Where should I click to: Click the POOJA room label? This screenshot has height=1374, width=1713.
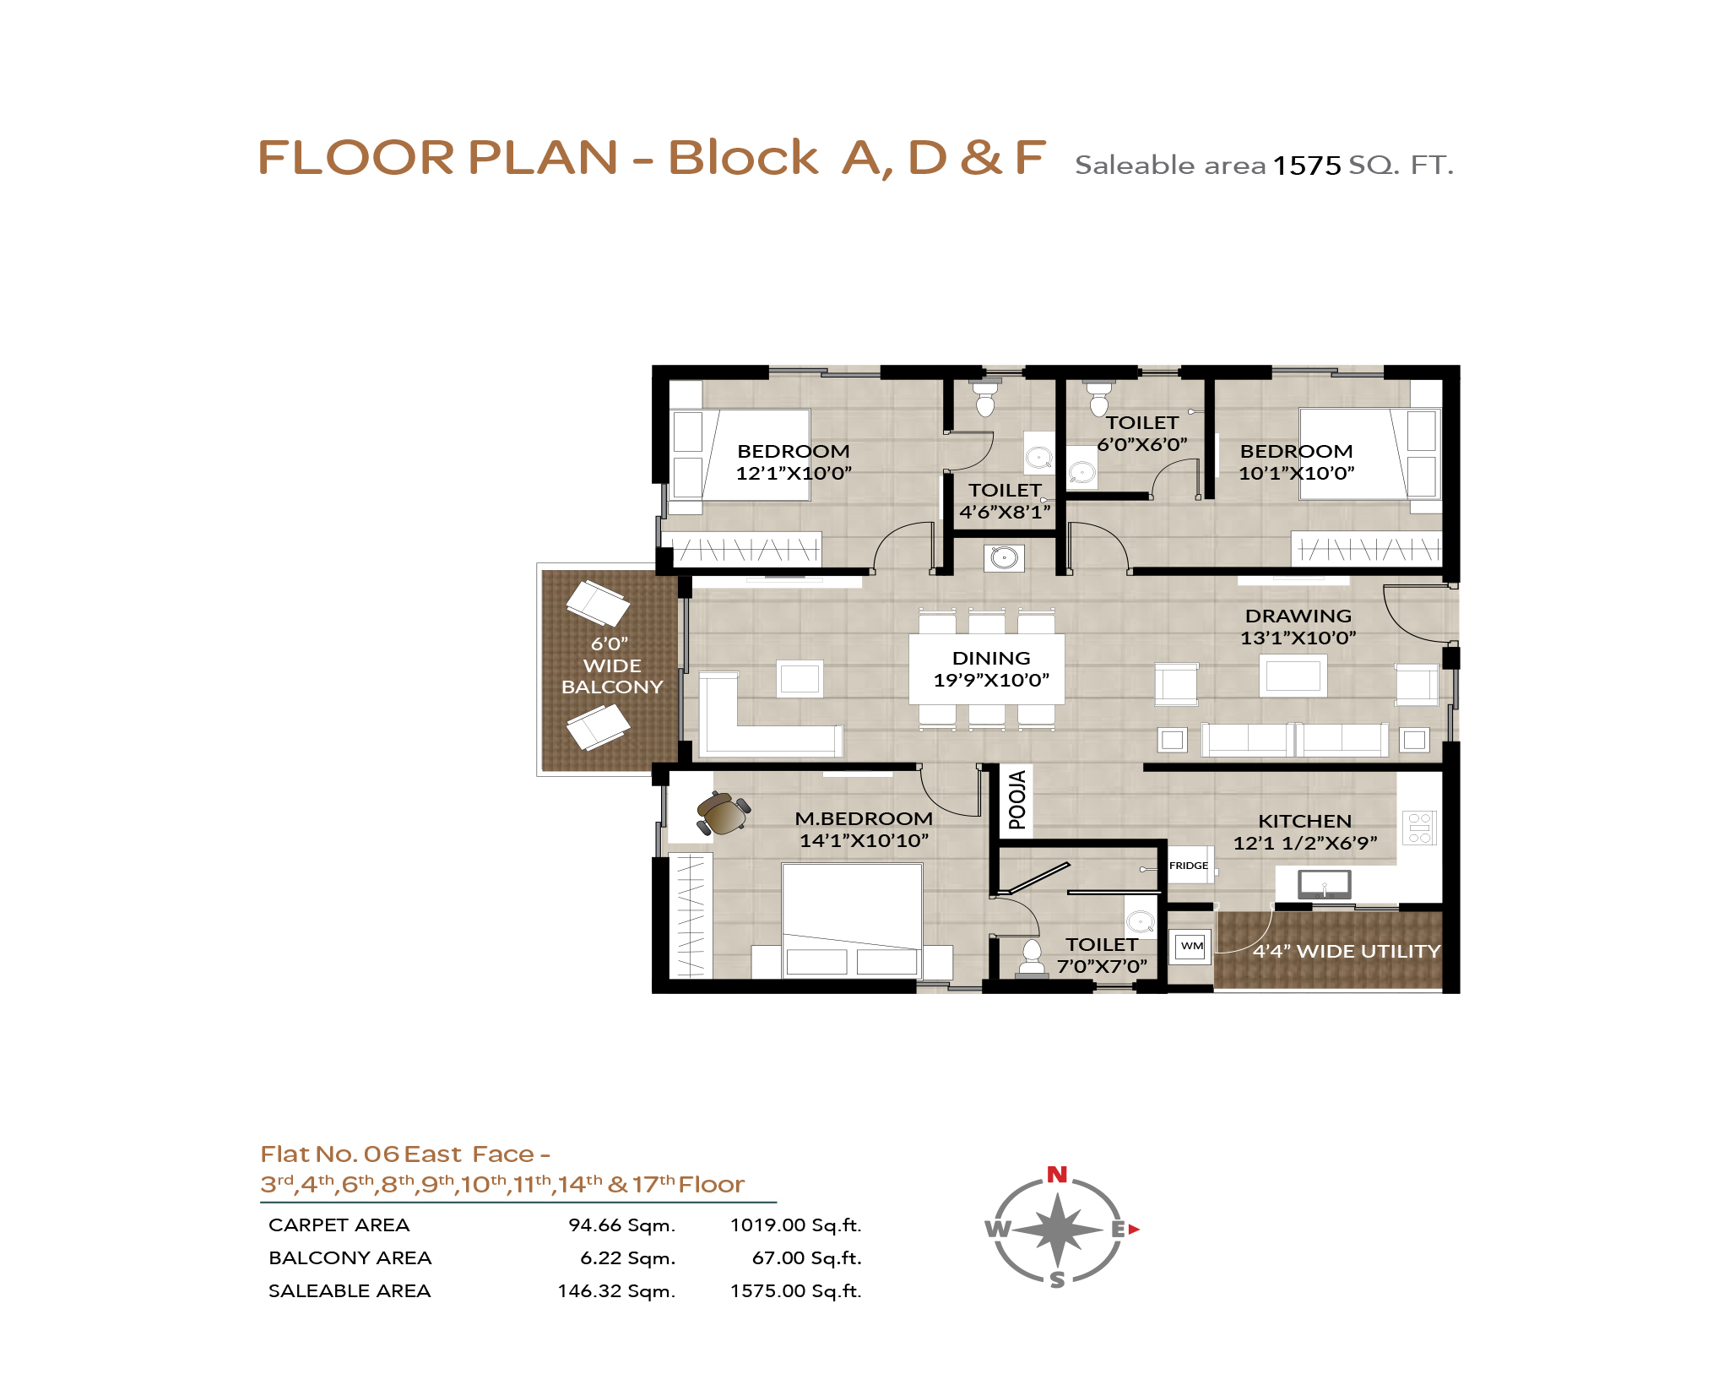1017,800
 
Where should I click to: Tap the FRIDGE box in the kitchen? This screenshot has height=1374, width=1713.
1189,865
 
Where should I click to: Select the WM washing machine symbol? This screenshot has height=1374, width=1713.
1191,946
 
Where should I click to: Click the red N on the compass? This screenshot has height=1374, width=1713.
1057,1174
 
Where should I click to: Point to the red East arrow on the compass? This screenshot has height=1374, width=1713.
1134,1230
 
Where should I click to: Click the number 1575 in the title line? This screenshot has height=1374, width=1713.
1306,165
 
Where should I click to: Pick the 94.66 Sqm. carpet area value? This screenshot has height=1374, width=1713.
621,1225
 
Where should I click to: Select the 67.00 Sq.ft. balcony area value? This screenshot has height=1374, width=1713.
806,1258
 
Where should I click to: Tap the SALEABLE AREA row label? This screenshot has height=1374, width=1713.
350,1291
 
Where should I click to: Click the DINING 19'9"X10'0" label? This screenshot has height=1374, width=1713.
991,669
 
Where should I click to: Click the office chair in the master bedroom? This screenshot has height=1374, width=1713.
723,813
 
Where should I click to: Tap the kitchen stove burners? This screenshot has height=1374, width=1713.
1419,828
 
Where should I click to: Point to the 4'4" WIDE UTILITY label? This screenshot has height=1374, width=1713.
1347,951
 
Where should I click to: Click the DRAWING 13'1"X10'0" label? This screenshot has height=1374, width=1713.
1298,627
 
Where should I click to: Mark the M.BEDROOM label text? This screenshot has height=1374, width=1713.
864,818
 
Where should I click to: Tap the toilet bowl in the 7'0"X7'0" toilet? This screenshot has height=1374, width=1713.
1032,957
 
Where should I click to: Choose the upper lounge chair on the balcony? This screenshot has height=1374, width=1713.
598,602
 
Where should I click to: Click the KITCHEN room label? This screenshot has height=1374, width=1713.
1304,821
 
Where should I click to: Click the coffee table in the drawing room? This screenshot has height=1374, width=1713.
1293,676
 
